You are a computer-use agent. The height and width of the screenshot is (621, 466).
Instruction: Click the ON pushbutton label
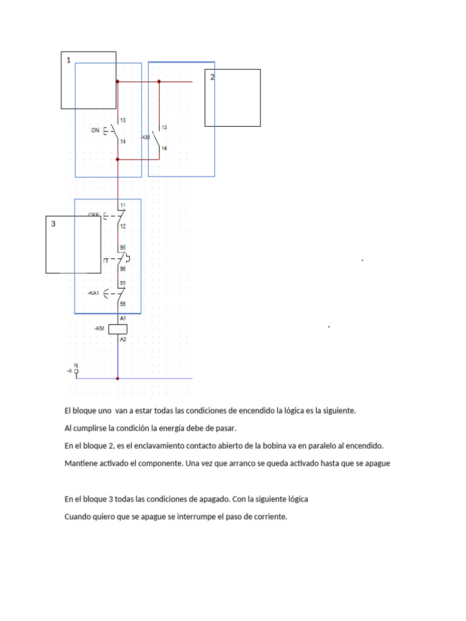point(95,130)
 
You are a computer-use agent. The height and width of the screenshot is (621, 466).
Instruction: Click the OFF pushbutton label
point(93,215)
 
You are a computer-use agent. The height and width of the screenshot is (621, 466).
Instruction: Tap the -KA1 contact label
point(93,294)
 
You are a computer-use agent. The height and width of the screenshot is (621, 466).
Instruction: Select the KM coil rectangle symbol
point(118,329)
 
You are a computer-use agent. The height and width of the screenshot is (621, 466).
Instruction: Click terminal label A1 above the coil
point(123,318)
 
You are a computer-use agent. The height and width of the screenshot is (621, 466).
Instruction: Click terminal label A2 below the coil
point(123,340)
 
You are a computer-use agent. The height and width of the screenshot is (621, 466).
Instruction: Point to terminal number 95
point(123,248)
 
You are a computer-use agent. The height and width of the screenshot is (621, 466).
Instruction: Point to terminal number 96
point(123,269)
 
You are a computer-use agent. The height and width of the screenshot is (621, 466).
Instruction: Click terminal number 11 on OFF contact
point(123,205)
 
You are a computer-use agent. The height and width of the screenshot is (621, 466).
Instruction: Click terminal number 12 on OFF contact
point(123,226)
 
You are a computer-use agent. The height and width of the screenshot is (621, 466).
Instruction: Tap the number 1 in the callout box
point(69,60)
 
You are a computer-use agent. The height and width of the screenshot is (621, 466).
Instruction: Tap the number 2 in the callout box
point(212,77)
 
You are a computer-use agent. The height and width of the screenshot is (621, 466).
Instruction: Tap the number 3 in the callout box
point(53,224)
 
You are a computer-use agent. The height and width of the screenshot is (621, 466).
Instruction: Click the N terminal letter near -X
point(76,364)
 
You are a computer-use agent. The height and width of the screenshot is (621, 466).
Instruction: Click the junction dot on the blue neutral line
point(118,378)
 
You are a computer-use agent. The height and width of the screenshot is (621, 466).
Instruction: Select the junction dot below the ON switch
point(118,159)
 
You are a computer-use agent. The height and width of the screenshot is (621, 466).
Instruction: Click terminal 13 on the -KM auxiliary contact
point(164,127)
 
